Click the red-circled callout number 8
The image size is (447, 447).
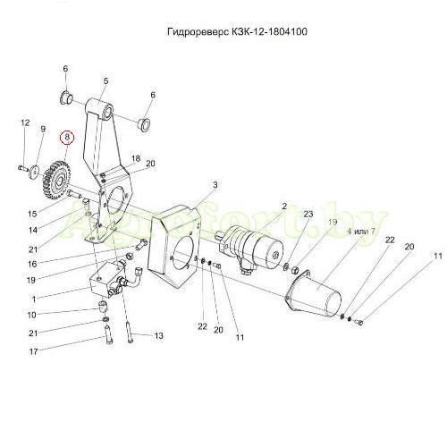point(67,137)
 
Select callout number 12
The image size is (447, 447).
point(25,122)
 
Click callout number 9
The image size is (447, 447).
point(43,129)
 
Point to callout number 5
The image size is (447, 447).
point(106,81)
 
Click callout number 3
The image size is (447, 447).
point(215,185)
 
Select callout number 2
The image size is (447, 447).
point(284,207)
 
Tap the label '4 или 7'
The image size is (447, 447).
point(361,232)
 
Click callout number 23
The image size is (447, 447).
point(308,214)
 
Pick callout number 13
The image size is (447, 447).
point(159,336)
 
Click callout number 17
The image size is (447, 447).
point(34,351)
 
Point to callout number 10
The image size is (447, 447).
point(31,315)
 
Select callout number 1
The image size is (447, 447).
point(34,299)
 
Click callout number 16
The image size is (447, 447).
point(32,264)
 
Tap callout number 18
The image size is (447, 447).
point(136,158)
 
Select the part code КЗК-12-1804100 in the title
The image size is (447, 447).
point(269,31)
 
